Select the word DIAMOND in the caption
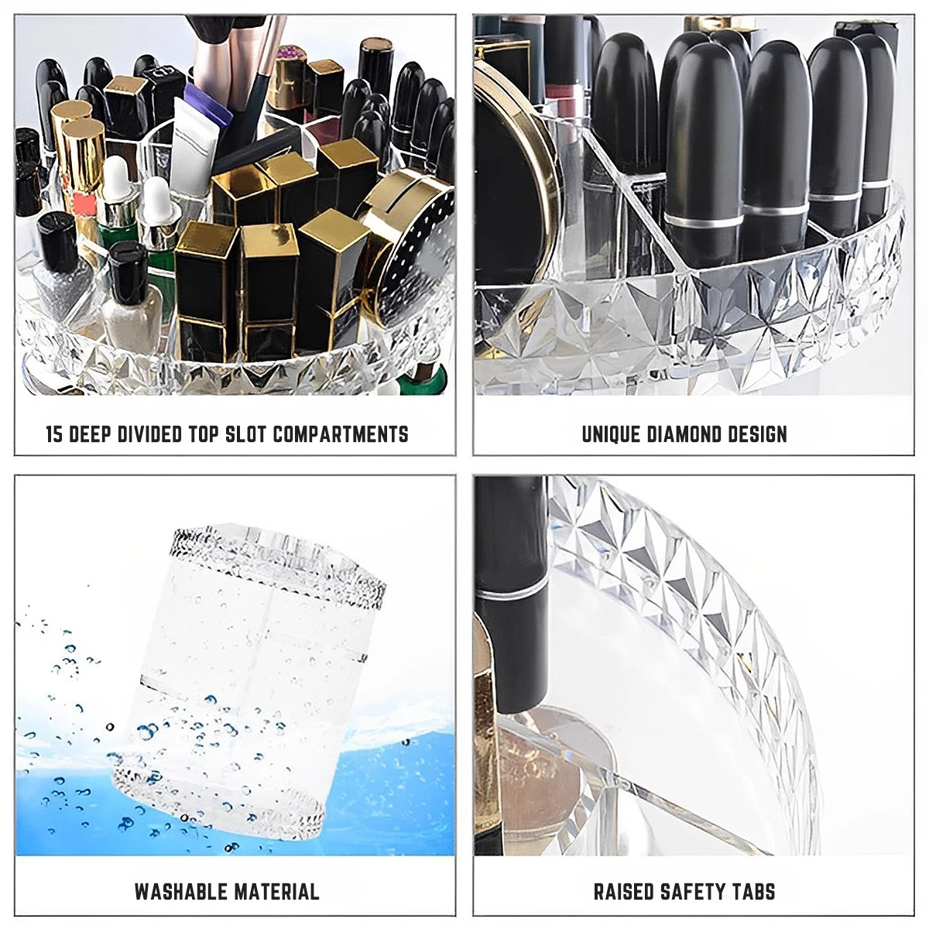686,434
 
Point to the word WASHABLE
181,891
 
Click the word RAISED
624,891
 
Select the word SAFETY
691,891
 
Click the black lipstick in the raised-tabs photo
511,588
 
